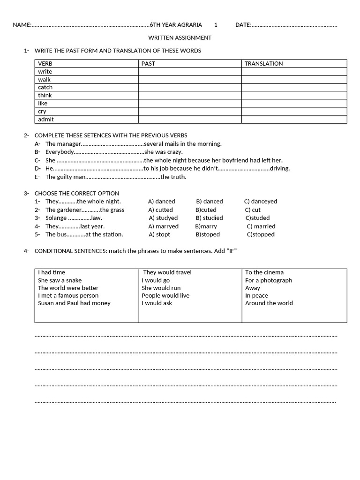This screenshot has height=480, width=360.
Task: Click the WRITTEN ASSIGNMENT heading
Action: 180,37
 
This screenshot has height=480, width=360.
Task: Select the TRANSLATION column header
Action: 264,63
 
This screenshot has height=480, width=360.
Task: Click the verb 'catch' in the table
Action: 45,87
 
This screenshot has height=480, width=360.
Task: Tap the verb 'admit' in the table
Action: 46,119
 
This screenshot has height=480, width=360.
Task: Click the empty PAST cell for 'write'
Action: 190,72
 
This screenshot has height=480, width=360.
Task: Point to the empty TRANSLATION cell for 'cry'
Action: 294,111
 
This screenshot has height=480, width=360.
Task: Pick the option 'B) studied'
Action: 210,217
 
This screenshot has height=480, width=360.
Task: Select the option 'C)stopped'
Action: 261,234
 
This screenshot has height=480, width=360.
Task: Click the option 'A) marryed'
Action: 163,226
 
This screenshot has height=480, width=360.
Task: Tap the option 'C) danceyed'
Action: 261,201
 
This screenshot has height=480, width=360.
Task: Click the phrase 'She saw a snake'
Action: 60,280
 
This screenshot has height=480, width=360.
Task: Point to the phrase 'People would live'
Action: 165,295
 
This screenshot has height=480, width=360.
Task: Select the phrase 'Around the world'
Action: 269,303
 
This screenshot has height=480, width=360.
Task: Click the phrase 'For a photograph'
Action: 269,280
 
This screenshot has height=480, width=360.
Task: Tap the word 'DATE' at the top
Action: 243,25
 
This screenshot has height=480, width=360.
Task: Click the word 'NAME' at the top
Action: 21,25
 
